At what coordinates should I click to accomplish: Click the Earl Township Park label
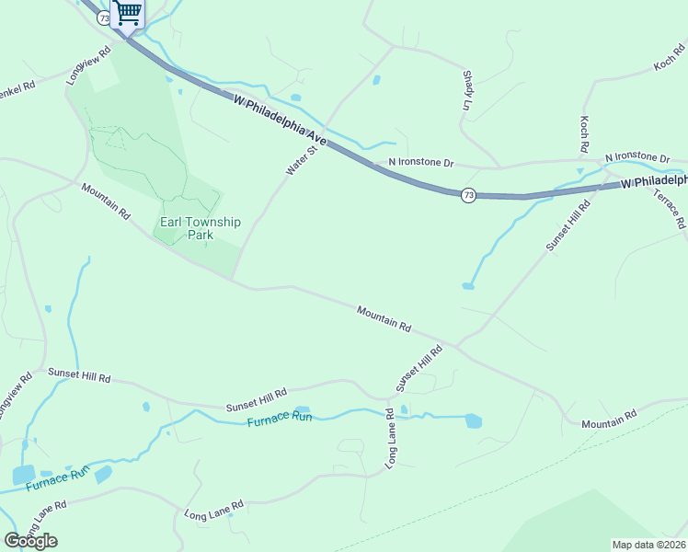201,228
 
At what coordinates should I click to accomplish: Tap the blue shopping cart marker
128,13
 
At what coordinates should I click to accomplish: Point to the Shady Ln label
468,90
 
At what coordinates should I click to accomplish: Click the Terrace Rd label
669,209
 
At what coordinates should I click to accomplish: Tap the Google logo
30,541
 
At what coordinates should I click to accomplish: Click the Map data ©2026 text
649,545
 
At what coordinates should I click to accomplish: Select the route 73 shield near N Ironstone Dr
468,195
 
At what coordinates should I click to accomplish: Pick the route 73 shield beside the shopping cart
103,17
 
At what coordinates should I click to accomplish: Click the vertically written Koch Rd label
584,134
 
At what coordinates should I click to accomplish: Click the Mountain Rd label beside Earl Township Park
106,201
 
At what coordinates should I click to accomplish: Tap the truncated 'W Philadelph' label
653,183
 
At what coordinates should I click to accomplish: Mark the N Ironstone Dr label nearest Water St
421,163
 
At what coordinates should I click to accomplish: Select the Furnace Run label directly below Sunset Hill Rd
280,419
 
